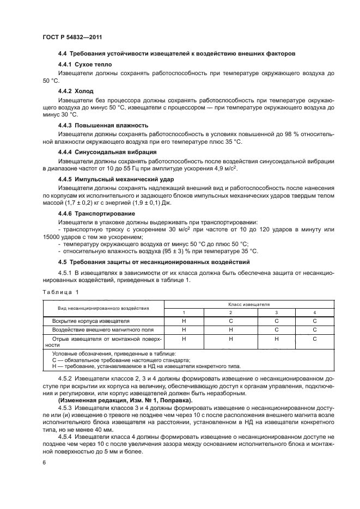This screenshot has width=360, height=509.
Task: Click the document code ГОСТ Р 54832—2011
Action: click(x=71, y=36)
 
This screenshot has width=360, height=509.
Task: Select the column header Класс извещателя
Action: click(x=249, y=305)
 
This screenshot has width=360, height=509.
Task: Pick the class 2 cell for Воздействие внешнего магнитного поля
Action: click(x=230, y=329)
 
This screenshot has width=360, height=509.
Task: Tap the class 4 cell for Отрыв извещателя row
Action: click(x=314, y=339)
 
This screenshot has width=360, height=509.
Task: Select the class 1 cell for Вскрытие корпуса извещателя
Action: click(x=184, y=321)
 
